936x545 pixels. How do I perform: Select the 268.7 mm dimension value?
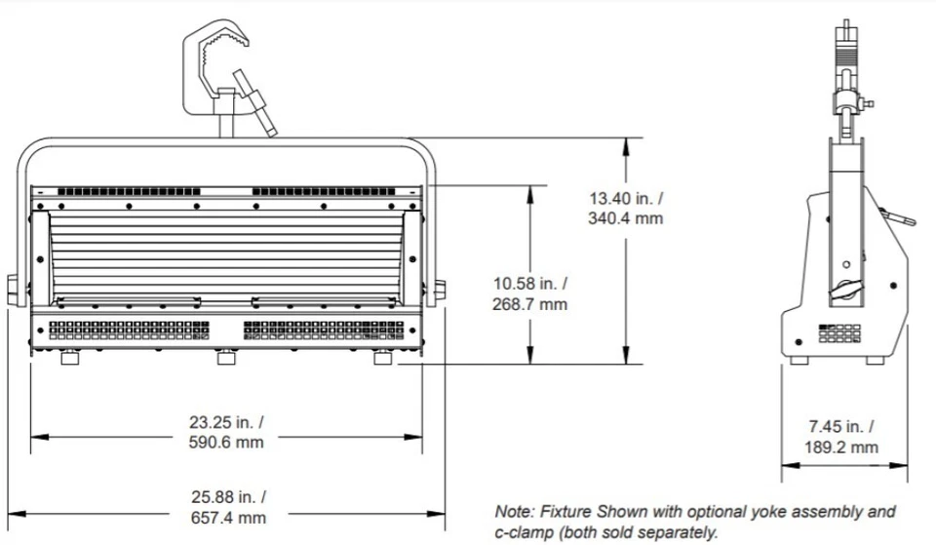click(529, 303)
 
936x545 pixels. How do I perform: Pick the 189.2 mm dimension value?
click(841, 448)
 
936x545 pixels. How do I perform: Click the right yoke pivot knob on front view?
click(440, 290)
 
